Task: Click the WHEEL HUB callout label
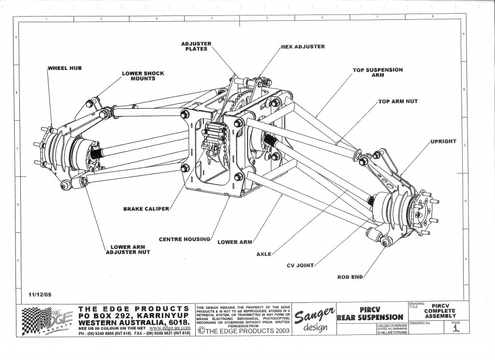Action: point(65,68)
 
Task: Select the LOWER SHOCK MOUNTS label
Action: point(143,76)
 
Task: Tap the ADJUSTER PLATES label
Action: point(196,46)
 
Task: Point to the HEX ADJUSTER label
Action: point(303,47)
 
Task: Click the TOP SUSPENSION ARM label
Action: point(378,72)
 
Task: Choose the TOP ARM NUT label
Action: point(398,101)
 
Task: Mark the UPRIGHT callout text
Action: point(443,142)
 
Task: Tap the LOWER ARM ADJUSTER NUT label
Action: point(127,249)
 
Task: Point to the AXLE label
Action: point(264,254)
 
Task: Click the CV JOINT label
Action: point(300,265)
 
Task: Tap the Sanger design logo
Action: point(314,321)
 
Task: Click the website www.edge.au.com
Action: point(165,328)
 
